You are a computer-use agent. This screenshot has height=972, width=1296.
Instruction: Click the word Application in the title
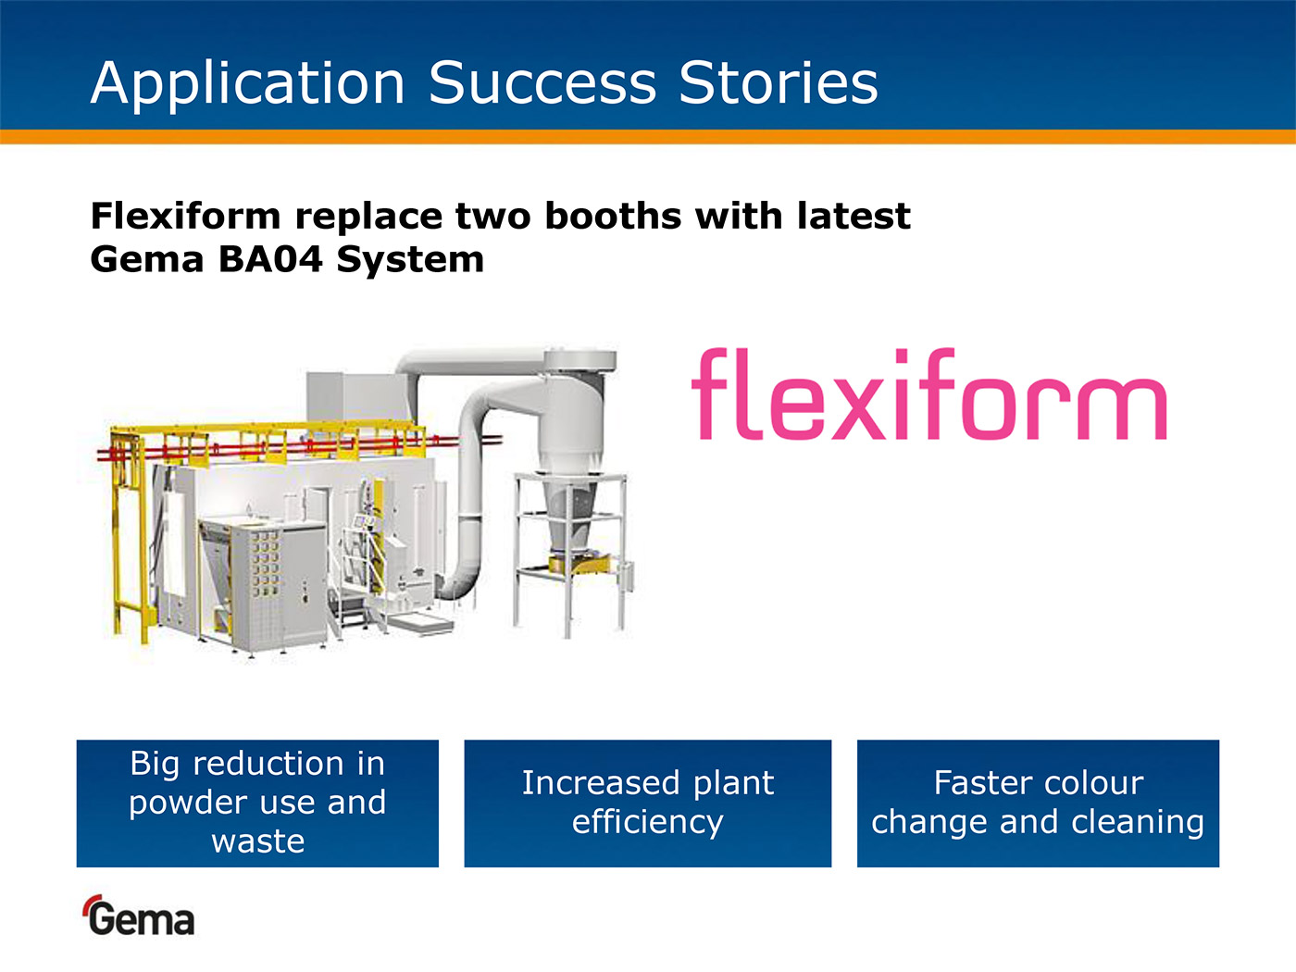(247, 84)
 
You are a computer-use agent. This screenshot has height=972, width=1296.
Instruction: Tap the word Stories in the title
(779, 83)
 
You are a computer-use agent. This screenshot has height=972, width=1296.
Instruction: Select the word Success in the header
(542, 83)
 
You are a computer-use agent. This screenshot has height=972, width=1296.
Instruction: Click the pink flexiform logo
(928, 394)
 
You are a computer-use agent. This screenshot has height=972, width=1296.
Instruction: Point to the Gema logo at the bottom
(139, 915)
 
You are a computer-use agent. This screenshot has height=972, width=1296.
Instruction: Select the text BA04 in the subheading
(270, 260)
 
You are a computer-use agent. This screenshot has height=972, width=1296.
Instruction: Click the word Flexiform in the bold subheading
(185, 216)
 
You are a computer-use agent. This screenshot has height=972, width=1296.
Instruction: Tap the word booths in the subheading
(613, 216)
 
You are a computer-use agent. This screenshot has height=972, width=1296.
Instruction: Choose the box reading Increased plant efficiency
(648, 804)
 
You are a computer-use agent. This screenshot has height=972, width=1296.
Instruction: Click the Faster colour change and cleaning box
(1038, 804)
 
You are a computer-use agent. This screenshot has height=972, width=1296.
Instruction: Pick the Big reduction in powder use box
(257, 804)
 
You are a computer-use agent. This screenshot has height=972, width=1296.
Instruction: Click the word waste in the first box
(258, 841)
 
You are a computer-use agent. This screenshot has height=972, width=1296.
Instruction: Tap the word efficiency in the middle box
(648, 823)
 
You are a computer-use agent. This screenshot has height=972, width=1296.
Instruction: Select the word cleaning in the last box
(1137, 823)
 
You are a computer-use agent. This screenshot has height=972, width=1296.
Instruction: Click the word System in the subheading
(410, 260)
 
